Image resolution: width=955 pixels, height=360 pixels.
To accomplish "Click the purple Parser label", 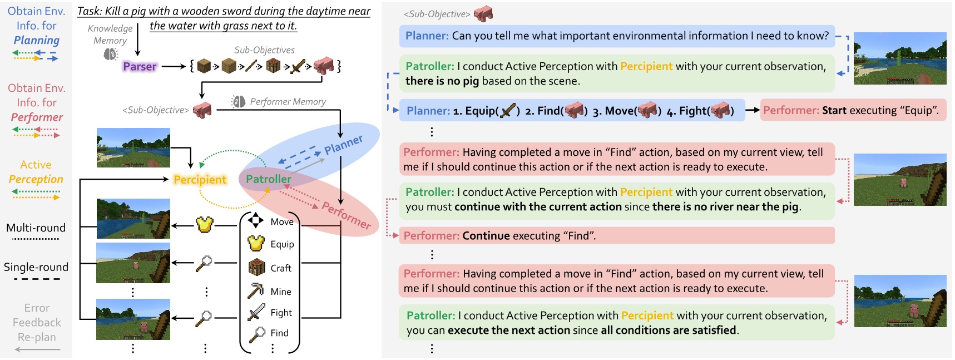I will click(x=140, y=67).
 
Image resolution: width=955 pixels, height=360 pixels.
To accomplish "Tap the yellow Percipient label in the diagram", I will click(x=200, y=180).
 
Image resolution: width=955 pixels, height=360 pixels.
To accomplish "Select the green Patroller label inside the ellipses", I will click(x=269, y=179).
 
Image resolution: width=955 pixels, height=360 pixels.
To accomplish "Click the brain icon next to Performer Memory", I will click(x=239, y=101).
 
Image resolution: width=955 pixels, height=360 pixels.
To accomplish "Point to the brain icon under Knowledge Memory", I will click(x=111, y=54).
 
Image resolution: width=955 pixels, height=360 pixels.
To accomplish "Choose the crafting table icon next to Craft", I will click(x=256, y=267).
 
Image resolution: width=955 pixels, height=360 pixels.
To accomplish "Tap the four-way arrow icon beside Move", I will click(x=255, y=220).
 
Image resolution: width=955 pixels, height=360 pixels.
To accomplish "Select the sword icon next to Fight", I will click(x=256, y=312).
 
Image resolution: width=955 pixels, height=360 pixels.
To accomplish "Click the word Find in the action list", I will click(x=279, y=333).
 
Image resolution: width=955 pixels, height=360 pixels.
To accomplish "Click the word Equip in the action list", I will click(x=282, y=244).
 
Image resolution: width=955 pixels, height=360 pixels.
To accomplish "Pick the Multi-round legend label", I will click(x=36, y=228).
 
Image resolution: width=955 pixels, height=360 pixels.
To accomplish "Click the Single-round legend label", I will click(x=36, y=267).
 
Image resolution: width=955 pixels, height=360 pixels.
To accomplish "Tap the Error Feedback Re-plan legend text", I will click(x=37, y=322).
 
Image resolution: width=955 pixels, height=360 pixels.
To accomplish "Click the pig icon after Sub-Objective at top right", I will click(x=483, y=13).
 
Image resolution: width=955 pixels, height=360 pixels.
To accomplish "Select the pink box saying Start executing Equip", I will click(x=852, y=110).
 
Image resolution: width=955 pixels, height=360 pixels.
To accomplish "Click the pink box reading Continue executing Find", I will click(x=616, y=236).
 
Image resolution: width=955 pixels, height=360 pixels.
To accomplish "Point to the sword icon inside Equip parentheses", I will click(x=508, y=110).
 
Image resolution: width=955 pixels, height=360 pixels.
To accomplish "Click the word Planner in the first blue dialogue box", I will click(x=427, y=36).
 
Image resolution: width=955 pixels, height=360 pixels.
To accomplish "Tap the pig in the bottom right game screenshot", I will click(x=913, y=310).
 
